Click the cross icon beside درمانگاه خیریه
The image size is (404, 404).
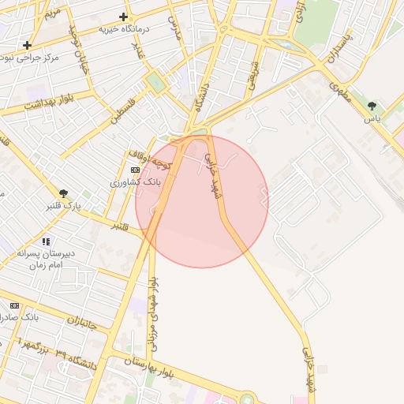point(123,17)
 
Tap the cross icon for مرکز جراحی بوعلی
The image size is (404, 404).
point(28,45)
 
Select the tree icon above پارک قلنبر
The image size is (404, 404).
point(63,193)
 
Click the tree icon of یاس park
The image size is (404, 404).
point(372,105)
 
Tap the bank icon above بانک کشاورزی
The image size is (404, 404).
point(135,170)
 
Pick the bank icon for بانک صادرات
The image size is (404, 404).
point(14,305)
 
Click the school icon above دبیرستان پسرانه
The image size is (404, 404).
point(47,241)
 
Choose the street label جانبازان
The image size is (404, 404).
point(60,320)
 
